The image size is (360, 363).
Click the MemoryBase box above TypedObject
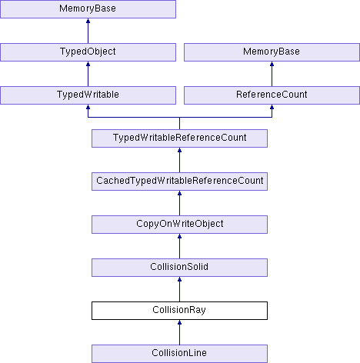click(x=88, y=9)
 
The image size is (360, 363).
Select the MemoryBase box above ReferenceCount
click(x=272, y=52)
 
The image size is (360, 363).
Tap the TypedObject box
click(x=88, y=52)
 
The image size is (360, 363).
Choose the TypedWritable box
click(x=88, y=95)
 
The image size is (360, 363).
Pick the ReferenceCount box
click(x=272, y=95)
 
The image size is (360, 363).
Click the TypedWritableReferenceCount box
click(x=179, y=138)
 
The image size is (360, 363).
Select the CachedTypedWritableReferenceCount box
click(x=179, y=181)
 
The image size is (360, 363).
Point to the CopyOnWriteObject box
click(x=179, y=225)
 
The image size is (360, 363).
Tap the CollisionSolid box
click(x=179, y=268)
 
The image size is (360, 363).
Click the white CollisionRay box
click(x=179, y=311)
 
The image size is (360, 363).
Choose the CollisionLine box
click(x=179, y=354)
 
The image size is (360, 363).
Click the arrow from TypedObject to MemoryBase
click(x=88, y=31)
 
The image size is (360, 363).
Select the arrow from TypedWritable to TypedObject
click(x=88, y=74)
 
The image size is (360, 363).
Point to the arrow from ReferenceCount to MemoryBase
click(x=272, y=74)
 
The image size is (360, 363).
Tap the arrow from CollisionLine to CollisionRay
click(x=179, y=332)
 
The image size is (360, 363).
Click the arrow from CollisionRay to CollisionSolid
click(x=179, y=289)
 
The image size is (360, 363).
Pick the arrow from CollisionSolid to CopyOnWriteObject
click(x=179, y=246)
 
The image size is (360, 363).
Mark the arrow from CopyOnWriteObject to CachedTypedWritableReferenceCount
click(x=179, y=203)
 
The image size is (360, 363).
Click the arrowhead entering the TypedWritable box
click(x=88, y=107)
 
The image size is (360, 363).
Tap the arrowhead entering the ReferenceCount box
click(x=272, y=107)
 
